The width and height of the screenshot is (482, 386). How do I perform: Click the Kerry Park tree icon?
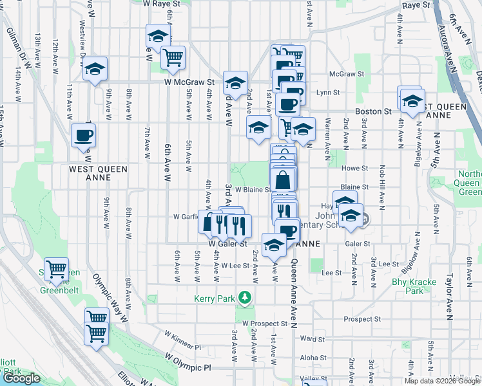(x=244, y=297)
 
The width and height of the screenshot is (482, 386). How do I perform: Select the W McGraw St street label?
(x=189, y=82)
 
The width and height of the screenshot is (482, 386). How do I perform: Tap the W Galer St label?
(x=227, y=244)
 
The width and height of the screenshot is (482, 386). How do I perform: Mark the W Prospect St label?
(x=264, y=322)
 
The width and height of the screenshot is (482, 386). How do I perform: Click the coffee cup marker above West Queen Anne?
(x=83, y=136)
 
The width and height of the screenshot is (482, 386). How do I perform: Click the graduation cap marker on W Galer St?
(x=274, y=244)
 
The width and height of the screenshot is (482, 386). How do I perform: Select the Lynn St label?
(x=328, y=93)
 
